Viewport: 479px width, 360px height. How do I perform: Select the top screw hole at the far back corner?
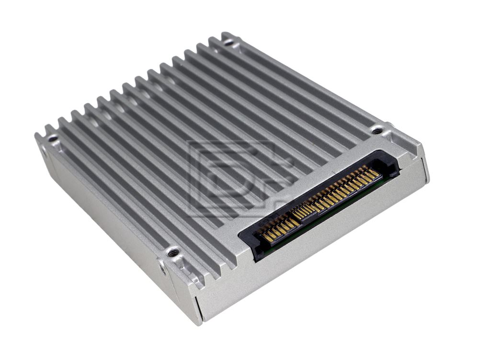click(228, 42)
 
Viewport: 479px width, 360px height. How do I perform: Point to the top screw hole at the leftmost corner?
click(52, 139)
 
